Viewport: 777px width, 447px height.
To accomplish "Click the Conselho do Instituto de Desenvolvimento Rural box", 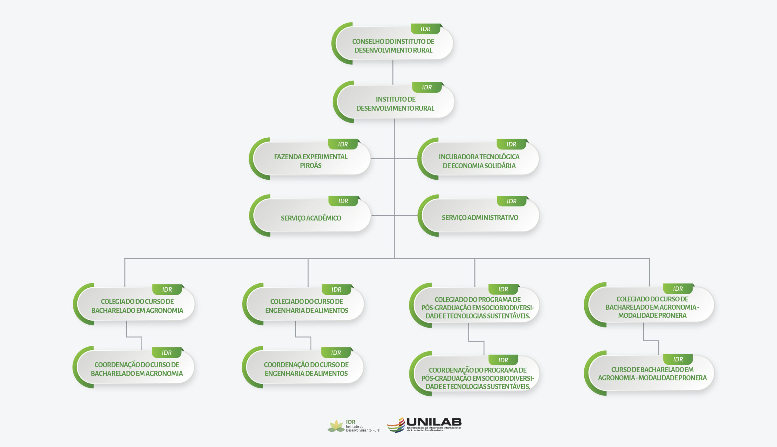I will tap(393, 46).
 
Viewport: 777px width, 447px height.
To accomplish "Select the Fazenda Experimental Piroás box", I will tap(310, 161).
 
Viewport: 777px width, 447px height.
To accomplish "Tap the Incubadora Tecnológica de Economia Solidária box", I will tap(479, 161).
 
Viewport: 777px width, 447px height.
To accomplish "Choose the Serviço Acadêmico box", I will tap(310, 218).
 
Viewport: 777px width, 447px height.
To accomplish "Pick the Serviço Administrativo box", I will tap(480, 217).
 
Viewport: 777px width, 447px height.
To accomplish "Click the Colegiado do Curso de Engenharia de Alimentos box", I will tap(306, 306).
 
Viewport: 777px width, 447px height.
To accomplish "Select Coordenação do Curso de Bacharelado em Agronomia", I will tap(137, 369).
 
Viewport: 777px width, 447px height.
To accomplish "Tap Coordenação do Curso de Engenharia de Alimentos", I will tap(306, 369).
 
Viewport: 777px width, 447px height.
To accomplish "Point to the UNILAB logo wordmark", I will tap(434, 422).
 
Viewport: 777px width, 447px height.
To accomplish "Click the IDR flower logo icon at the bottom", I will tap(336, 426).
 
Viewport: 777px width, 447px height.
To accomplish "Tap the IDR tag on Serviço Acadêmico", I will tap(343, 201).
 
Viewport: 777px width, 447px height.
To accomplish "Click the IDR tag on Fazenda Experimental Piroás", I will tap(343, 144).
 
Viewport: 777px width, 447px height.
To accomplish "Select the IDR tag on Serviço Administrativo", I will tap(511, 201).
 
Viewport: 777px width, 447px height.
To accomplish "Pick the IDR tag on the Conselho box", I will tap(425, 29).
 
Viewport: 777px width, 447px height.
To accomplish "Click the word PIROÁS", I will tap(310, 166).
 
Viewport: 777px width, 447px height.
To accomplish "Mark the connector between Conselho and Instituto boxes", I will tap(393, 72).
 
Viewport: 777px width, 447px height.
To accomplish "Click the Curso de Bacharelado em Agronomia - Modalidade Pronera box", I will tap(652, 374).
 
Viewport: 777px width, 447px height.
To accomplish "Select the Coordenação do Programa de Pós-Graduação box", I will tap(477, 378).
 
